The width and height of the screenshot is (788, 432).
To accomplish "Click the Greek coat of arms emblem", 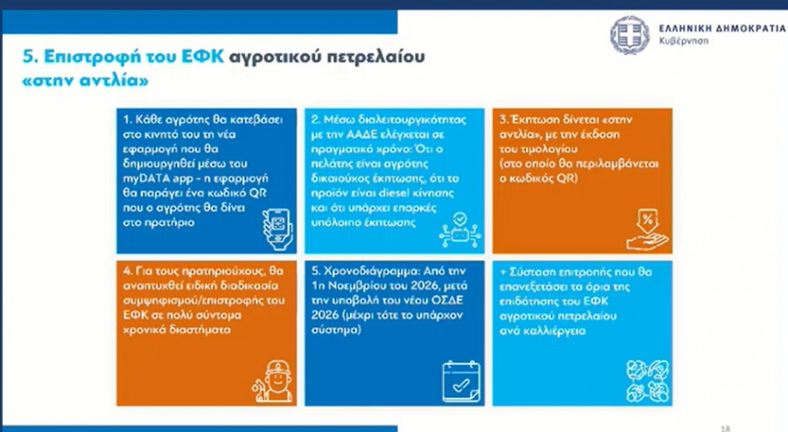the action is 630,35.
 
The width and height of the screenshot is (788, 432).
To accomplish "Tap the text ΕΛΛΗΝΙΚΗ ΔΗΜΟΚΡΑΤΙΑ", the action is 722,28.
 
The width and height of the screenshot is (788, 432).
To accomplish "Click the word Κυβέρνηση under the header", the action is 684,40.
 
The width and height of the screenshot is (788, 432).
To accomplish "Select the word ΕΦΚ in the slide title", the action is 201,56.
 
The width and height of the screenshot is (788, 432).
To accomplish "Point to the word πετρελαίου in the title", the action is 376,57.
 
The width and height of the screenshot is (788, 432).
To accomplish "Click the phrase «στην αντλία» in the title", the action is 86,80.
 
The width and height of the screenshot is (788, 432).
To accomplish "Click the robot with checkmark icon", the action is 460,230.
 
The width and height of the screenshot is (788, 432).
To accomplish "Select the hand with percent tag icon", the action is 648,230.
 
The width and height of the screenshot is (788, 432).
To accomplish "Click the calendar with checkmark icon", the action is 461,381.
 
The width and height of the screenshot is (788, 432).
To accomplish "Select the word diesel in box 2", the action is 394,193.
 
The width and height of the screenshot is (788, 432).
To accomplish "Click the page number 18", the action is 725,429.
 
